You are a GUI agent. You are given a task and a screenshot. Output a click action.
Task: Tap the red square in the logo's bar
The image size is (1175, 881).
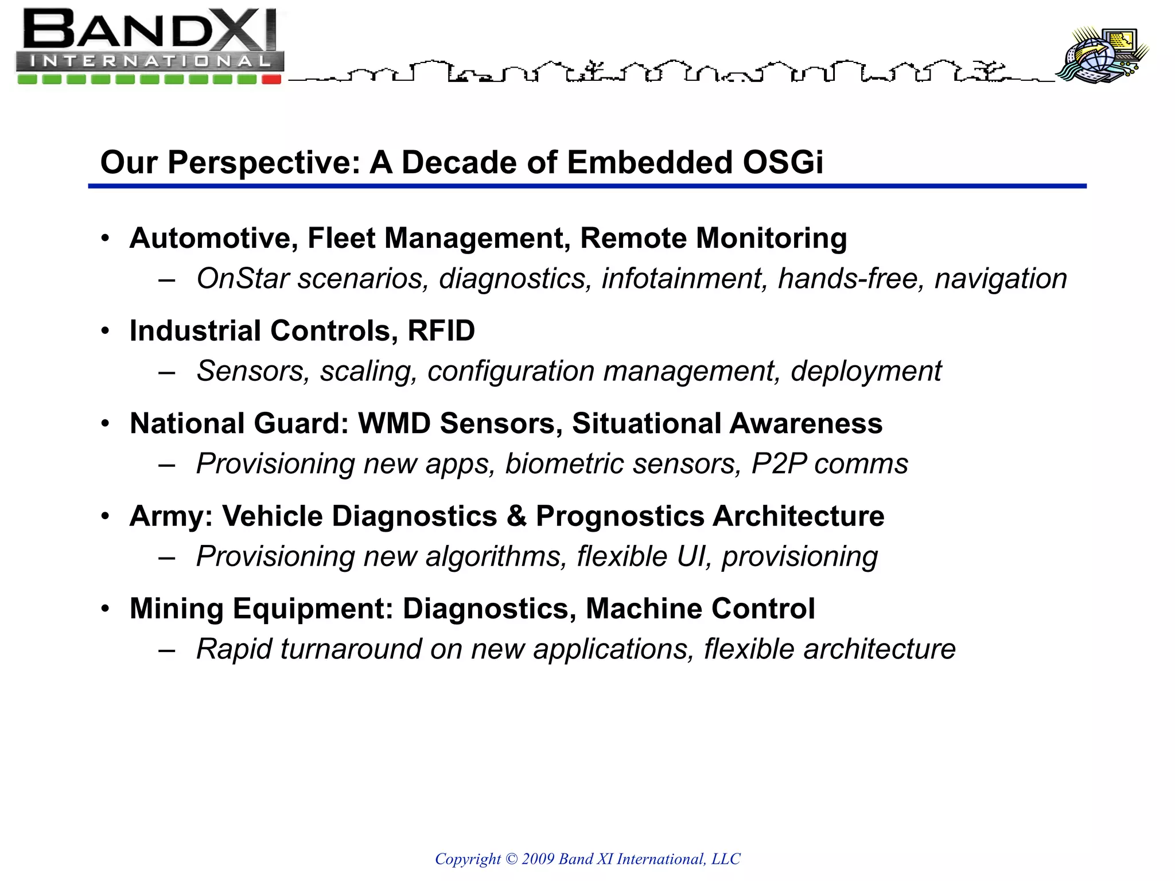271,79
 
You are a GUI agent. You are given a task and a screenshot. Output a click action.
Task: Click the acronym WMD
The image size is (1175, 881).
394,424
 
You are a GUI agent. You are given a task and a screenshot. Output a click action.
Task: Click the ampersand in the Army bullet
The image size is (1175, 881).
516,516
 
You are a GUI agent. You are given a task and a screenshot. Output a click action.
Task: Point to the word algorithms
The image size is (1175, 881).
496,557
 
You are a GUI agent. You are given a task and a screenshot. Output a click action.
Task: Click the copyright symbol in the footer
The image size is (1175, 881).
511,859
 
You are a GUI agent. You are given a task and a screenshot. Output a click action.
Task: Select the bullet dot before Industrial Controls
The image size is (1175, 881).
104,331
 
